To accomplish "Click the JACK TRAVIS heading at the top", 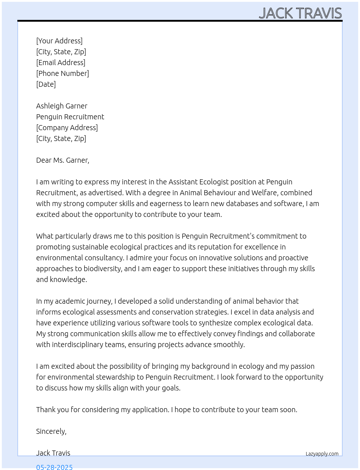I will (300, 13).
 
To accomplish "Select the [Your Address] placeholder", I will (59, 41).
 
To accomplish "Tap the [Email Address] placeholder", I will (61, 63).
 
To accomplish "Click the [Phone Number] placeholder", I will (63, 73).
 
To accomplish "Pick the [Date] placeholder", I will (46, 84).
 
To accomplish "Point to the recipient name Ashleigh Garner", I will (62, 106).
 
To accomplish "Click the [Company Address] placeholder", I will (67, 128).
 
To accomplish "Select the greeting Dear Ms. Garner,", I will (63, 160).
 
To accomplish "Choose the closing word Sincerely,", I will (51, 431).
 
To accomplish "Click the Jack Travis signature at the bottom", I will (53, 453).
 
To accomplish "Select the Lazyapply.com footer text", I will (322, 454).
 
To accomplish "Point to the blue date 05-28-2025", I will (54, 467).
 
